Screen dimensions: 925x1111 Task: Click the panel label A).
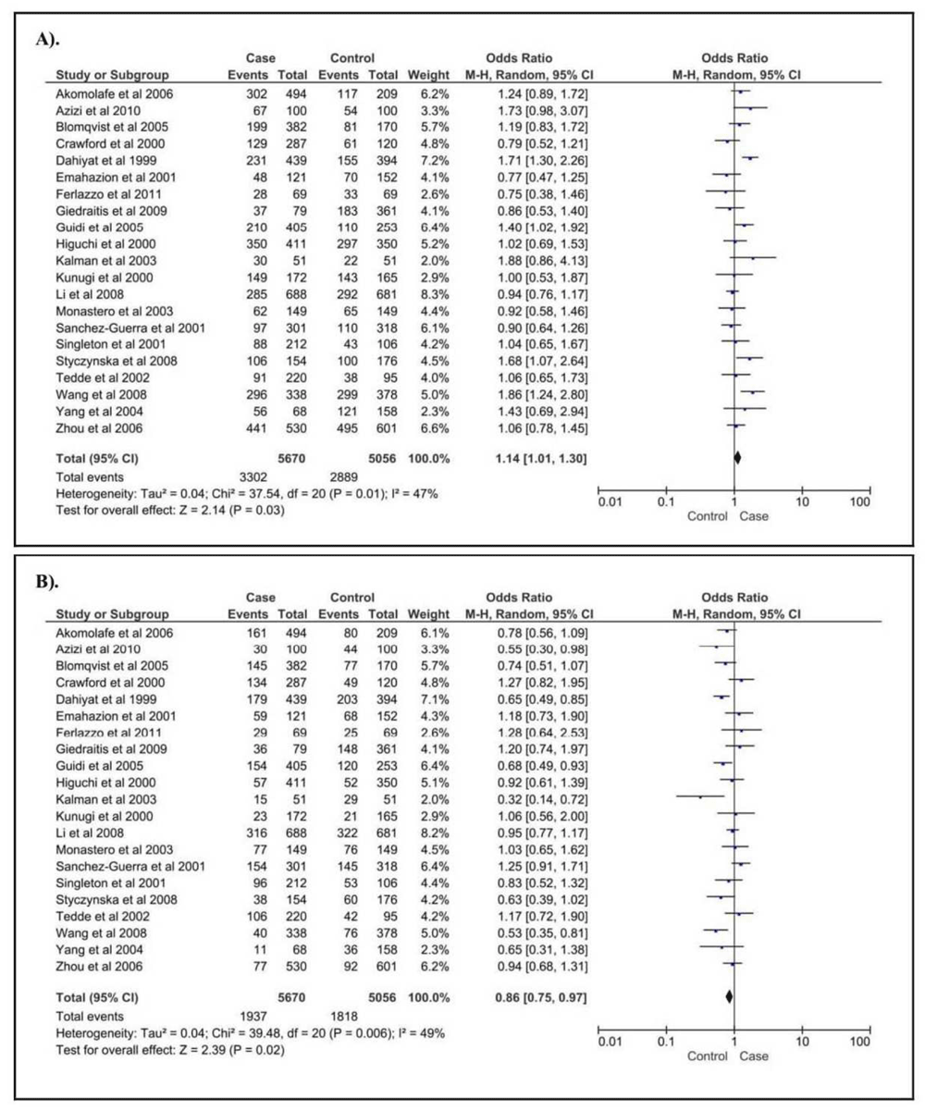click(x=47, y=41)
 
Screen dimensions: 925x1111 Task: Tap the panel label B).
click(x=47, y=582)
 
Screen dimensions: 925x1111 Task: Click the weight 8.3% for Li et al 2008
click(x=428, y=294)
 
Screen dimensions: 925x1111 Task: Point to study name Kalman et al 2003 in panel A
click(x=106, y=261)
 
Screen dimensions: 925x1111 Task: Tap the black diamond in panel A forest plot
click(x=737, y=458)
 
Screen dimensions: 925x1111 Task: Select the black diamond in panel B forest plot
click(x=729, y=996)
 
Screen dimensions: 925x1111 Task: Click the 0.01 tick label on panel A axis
click(x=610, y=501)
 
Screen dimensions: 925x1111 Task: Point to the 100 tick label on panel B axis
click(x=860, y=1041)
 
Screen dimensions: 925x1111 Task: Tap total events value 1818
click(x=344, y=1017)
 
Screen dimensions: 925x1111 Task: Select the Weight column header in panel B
click(x=428, y=614)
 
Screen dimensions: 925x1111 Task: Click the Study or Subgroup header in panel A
click(x=112, y=75)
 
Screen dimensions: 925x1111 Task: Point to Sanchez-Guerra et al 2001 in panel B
click(x=130, y=866)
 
